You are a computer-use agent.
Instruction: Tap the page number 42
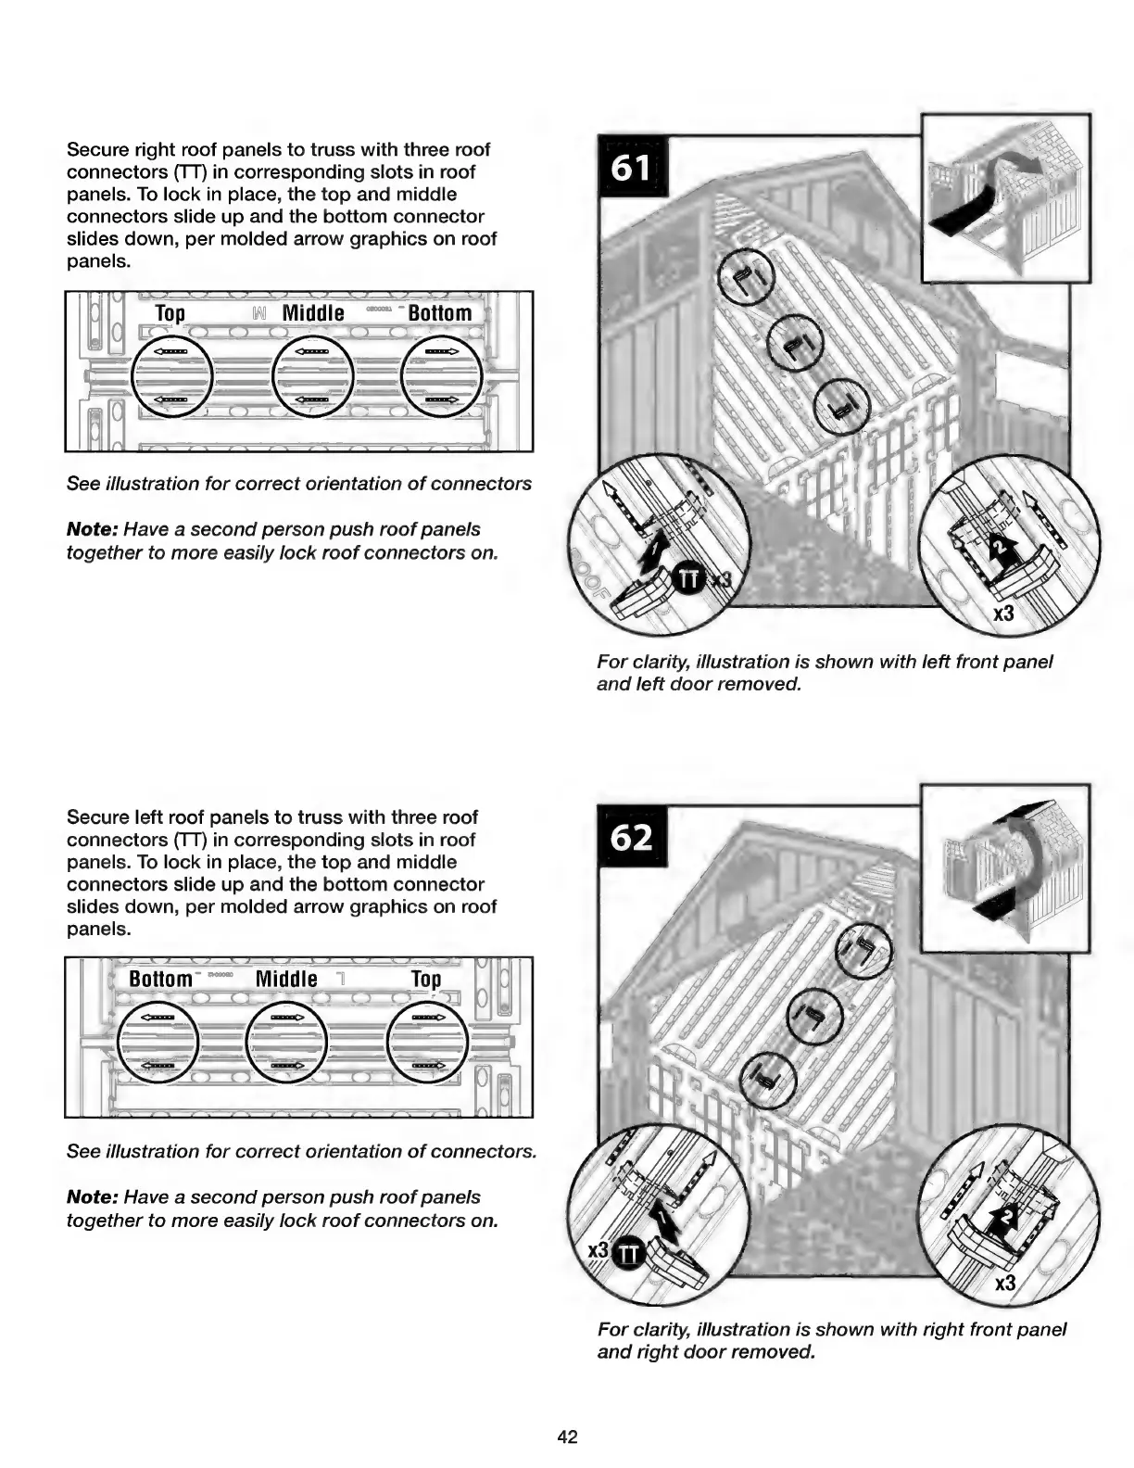(x=567, y=1436)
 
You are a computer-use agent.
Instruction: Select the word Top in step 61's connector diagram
(x=170, y=313)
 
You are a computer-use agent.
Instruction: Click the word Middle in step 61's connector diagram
(x=313, y=313)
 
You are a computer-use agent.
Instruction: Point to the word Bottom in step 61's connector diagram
(x=440, y=313)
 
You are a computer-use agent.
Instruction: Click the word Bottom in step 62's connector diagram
(x=160, y=980)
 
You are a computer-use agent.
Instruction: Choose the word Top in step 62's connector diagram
(x=426, y=980)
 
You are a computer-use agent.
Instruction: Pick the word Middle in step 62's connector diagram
(x=286, y=980)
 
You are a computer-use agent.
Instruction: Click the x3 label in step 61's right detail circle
(x=1003, y=614)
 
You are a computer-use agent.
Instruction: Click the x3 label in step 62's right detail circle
(x=1004, y=1284)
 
